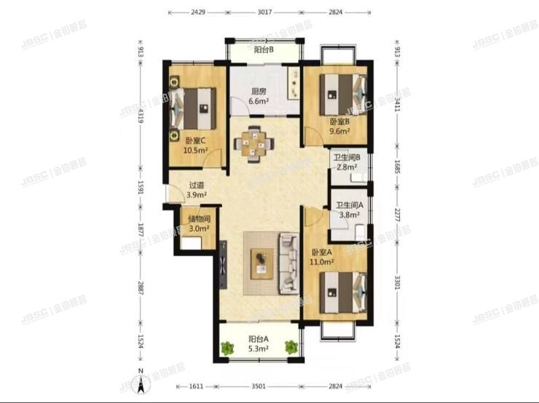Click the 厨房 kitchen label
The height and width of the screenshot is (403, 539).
click(259, 92)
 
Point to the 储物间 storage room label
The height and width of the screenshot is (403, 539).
click(199, 218)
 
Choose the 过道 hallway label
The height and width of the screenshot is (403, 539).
click(196, 185)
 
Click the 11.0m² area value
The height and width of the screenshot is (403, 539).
click(322, 261)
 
